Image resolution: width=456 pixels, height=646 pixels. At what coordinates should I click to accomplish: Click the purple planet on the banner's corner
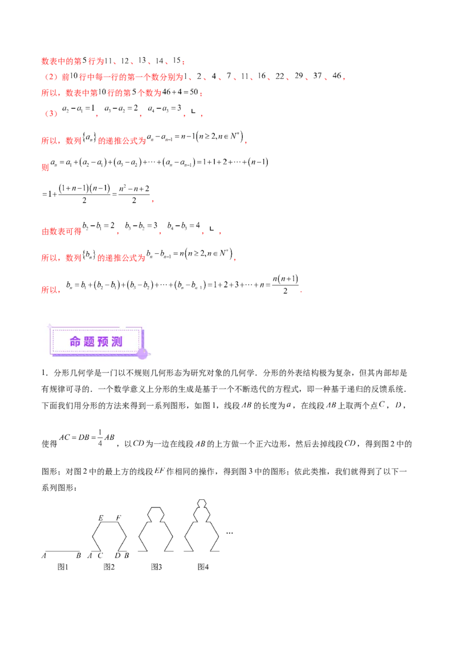tap(142, 353)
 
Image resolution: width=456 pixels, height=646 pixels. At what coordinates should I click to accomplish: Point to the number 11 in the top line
tap(109, 60)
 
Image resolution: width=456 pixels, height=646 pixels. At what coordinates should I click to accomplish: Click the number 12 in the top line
tap(127, 60)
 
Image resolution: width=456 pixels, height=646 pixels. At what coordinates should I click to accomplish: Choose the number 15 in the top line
tap(178, 60)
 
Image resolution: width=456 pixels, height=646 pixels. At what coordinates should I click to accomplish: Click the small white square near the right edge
tap(397, 401)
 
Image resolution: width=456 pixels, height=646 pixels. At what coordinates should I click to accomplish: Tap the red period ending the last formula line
tap(302, 292)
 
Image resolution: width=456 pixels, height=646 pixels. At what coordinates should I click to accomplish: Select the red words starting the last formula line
tap(51, 290)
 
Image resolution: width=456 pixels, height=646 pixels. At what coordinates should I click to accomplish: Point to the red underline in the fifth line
tap(171, 143)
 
